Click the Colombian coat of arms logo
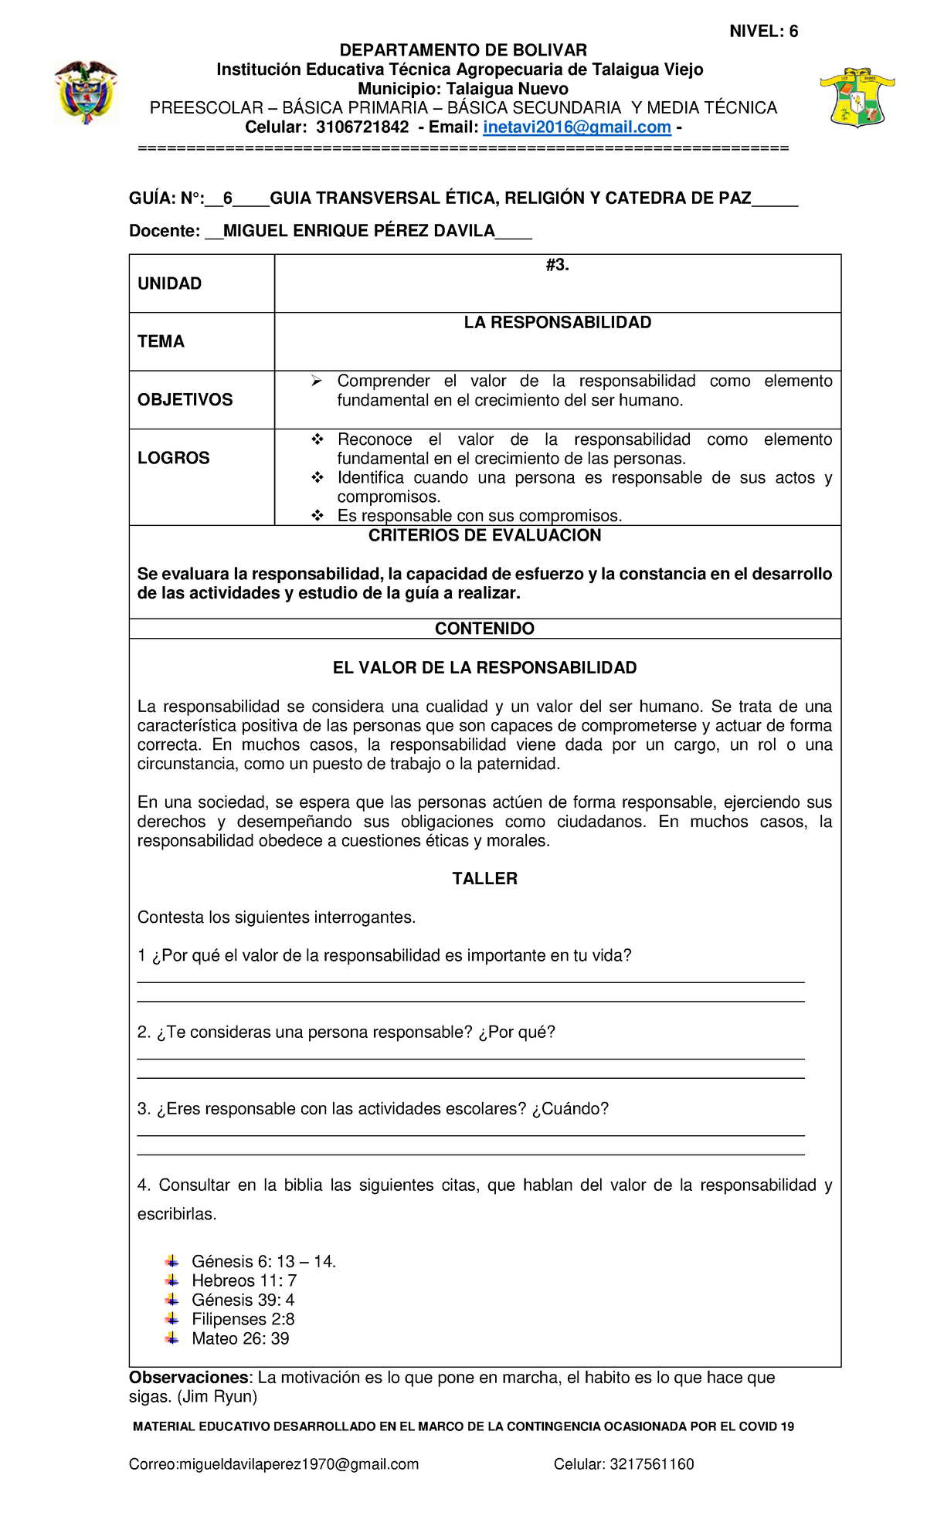(85, 93)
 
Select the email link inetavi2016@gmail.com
(577, 127)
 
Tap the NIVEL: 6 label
(763, 32)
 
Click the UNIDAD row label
(169, 283)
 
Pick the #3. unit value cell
(557, 266)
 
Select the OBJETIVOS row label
(185, 400)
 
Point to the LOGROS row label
(173, 458)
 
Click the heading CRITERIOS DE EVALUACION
(484, 536)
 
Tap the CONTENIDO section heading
(484, 629)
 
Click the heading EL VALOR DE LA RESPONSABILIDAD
(484, 668)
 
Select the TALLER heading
(484, 879)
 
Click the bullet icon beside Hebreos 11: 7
(171, 1280)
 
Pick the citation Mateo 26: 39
(240, 1338)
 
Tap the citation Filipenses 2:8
(243, 1319)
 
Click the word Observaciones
(188, 1378)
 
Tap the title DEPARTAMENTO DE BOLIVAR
(463, 51)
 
